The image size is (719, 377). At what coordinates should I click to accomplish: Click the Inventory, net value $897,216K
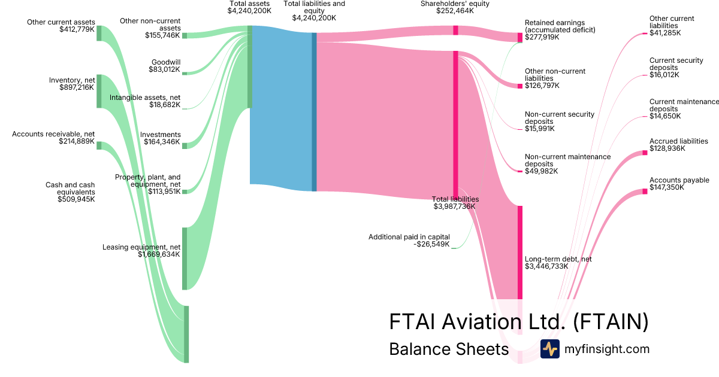(77, 87)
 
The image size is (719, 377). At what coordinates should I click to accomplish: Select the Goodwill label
(166, 62)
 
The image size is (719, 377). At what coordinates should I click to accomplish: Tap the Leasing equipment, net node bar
(185, 258)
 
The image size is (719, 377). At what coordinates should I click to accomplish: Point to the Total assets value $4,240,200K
(250, 11)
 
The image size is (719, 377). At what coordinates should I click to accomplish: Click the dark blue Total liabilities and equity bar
(314, 112)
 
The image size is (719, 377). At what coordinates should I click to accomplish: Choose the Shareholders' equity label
(455, 4)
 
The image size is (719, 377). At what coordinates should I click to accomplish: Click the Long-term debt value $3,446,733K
(546, 266)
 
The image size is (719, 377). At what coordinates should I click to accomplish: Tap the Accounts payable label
(679, 180)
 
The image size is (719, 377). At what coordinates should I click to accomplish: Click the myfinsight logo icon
(549, 349)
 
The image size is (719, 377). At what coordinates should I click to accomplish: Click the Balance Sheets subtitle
(449, 349)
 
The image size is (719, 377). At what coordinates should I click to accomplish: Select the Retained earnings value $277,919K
(542, 37)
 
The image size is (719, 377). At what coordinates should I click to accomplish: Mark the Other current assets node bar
(99, 34)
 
